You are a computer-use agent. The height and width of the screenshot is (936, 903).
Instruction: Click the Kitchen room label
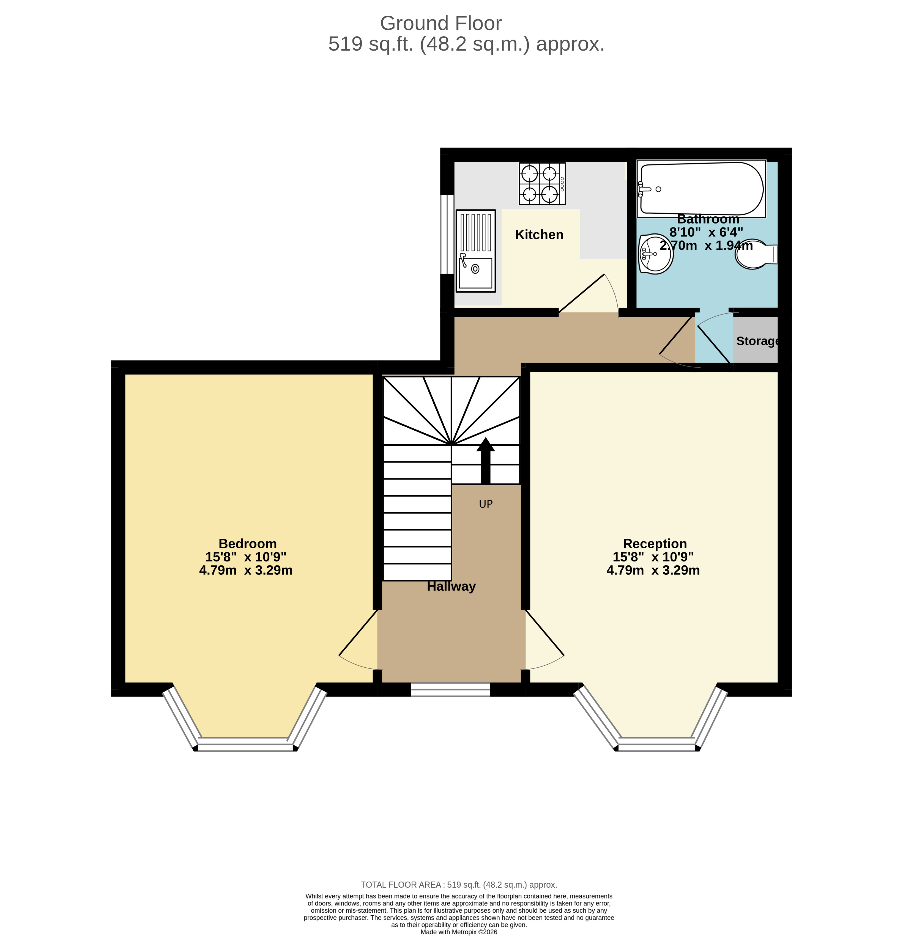(x=539, y=235)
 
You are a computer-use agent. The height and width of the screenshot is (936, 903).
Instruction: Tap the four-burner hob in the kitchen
(x=542, y=184)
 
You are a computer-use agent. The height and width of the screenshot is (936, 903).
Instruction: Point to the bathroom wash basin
(x=655, y=254)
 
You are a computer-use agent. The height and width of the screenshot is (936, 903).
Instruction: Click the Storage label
(x=757, y=341)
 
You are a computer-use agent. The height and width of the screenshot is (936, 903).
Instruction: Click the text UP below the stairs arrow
(x=485, y=504)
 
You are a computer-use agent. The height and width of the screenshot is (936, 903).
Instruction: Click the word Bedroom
(x=248, y=543)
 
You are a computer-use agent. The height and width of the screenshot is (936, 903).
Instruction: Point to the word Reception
(x=655, y=543)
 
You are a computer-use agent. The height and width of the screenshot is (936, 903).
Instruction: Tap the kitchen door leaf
(x=581, y=294)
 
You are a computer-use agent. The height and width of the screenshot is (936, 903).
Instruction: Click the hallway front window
(x=451, y=689)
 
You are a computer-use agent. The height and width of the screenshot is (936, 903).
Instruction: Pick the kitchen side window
(x=447, y=234)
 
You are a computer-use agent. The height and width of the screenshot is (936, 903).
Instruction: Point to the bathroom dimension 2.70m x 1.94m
(x=706, y=246)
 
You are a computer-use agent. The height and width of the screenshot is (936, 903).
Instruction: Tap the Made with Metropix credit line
(x=459, y=932)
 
